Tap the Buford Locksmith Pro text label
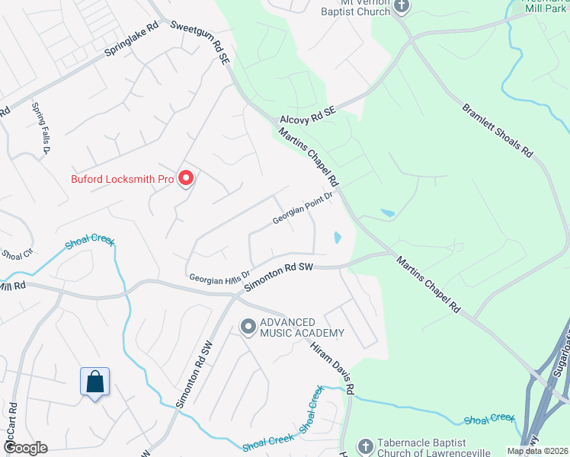tap(123, 180)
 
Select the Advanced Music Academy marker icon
tap(248, 327)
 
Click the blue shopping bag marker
tap(94, 382)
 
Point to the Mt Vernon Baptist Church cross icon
tap(402, 7)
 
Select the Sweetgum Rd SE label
tap(200, 41)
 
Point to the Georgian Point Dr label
tap(304, 208)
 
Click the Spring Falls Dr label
tap(40, 129)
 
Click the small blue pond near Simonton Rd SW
tap(336, 238)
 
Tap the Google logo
tap(24, 448)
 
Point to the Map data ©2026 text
tap(536, 451)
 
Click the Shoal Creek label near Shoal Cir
tap(90, 241)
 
